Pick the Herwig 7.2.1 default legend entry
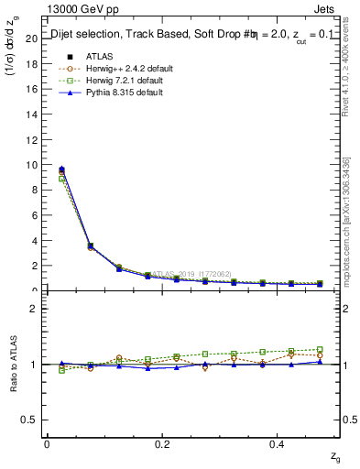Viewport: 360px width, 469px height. pos(120,81)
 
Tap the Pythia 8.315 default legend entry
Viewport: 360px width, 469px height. pos(119,93)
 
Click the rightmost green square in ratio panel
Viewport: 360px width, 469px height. pos(320,349)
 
